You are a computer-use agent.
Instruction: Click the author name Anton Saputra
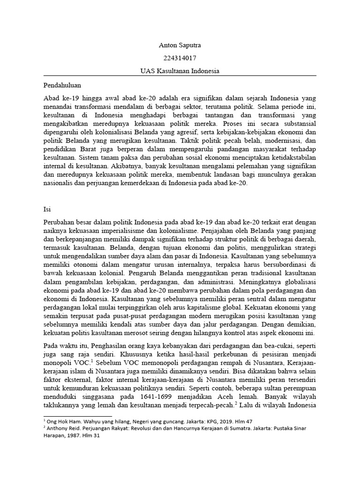click(x=180, y=46)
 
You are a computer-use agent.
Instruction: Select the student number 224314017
click(x=180, y=59)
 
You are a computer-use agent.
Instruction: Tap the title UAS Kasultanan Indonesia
click(x=180, y=71)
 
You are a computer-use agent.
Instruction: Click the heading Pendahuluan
click(x=62, y=86)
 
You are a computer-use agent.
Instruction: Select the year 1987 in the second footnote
click(x=71, y=435)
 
